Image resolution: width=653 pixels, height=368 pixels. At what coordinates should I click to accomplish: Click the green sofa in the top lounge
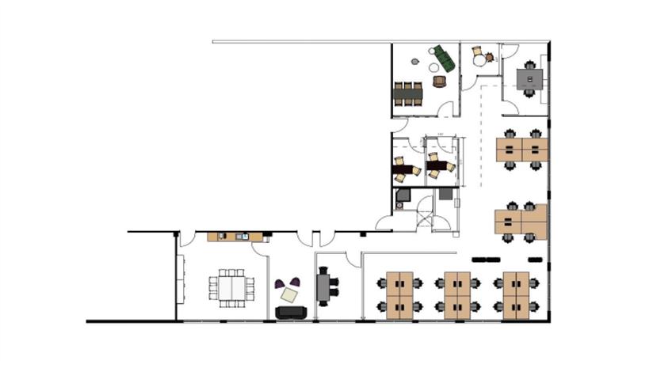tap(444, 58)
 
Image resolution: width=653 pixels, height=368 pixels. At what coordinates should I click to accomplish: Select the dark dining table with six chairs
tap(408, 93)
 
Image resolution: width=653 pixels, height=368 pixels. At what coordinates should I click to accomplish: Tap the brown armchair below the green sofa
tap(439, 81)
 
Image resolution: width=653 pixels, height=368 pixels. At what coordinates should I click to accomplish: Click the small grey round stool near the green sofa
tap(431, 52)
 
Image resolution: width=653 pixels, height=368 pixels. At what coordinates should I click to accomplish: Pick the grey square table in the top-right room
tap(529, 78)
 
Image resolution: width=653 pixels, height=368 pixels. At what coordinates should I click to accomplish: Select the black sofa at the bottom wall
tap(291, 312)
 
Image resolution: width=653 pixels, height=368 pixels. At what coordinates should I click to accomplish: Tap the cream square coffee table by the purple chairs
tap(289, 295)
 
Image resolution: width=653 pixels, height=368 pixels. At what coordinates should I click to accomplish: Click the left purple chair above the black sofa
tap(281, 283)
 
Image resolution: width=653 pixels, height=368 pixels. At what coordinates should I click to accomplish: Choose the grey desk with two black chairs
tap(323, 286)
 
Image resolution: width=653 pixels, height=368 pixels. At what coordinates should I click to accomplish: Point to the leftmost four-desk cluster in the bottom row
tap(399, 294)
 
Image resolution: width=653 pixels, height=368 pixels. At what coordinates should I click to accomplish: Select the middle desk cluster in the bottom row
tap(457, 294)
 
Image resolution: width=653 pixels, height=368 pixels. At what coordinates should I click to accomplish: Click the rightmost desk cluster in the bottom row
tap(516, 294)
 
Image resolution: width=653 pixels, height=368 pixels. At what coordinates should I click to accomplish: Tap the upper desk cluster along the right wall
tap(522, 150)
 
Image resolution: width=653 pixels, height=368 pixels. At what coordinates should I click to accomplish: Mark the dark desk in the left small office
tap(407, 169)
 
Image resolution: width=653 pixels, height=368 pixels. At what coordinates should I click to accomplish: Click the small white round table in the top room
tap(479, 59)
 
